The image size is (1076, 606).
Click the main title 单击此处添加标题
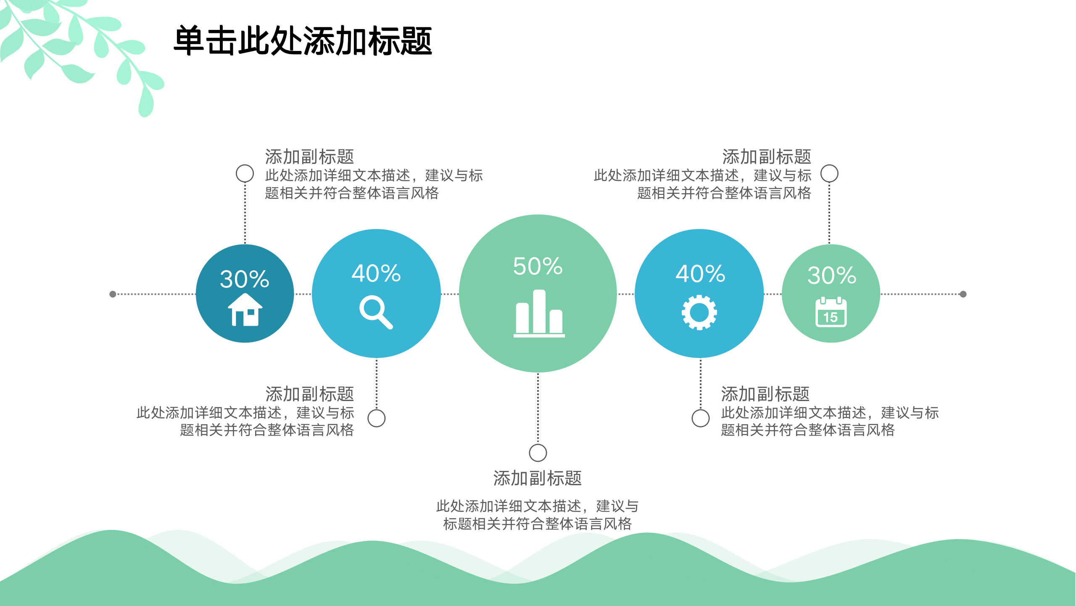click(x=303, y=40)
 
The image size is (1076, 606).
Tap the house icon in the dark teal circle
click(x=245, y=310)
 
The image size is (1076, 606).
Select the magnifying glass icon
click(x=376, y=312)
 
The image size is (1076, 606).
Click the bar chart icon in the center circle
click(x=539, y=314)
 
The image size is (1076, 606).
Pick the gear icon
click(x=699, y=312)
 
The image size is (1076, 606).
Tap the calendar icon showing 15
click(x=831, y=312)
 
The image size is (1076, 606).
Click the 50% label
click(x=538, y=266)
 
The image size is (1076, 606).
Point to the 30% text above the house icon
click(x=244, y=279)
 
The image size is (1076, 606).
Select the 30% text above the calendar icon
click(x=831, y=276)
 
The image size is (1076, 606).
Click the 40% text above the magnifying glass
click(x=376, y=274)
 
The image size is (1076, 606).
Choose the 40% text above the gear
click(x=700, y=274)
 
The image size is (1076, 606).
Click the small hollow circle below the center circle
click(x=538, y=453)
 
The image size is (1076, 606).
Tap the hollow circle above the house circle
click(x=245, y=173)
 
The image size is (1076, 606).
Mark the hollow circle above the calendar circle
click(x=829, y=173)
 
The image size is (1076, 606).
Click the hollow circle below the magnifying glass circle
click(x=377, y=418)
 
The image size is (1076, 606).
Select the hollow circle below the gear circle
click(x=701, y=418)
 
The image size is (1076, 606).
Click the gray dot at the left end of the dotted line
click(x=113, y=294)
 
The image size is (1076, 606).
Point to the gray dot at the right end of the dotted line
click(x=963, y=294)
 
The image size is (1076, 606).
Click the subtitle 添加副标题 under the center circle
click(x=537, y=478)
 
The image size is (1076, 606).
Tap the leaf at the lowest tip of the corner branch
click(x=145, y=103)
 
